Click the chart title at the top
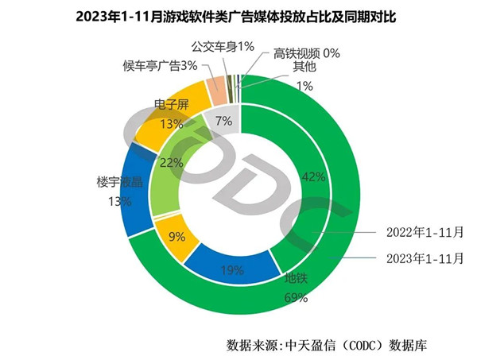(x=238, y=16)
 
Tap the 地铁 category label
(x=297, y=280)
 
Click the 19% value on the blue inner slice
(x=231, y=270)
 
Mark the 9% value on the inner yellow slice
(x=177, y=235)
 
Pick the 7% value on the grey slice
(x=223, y=121)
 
